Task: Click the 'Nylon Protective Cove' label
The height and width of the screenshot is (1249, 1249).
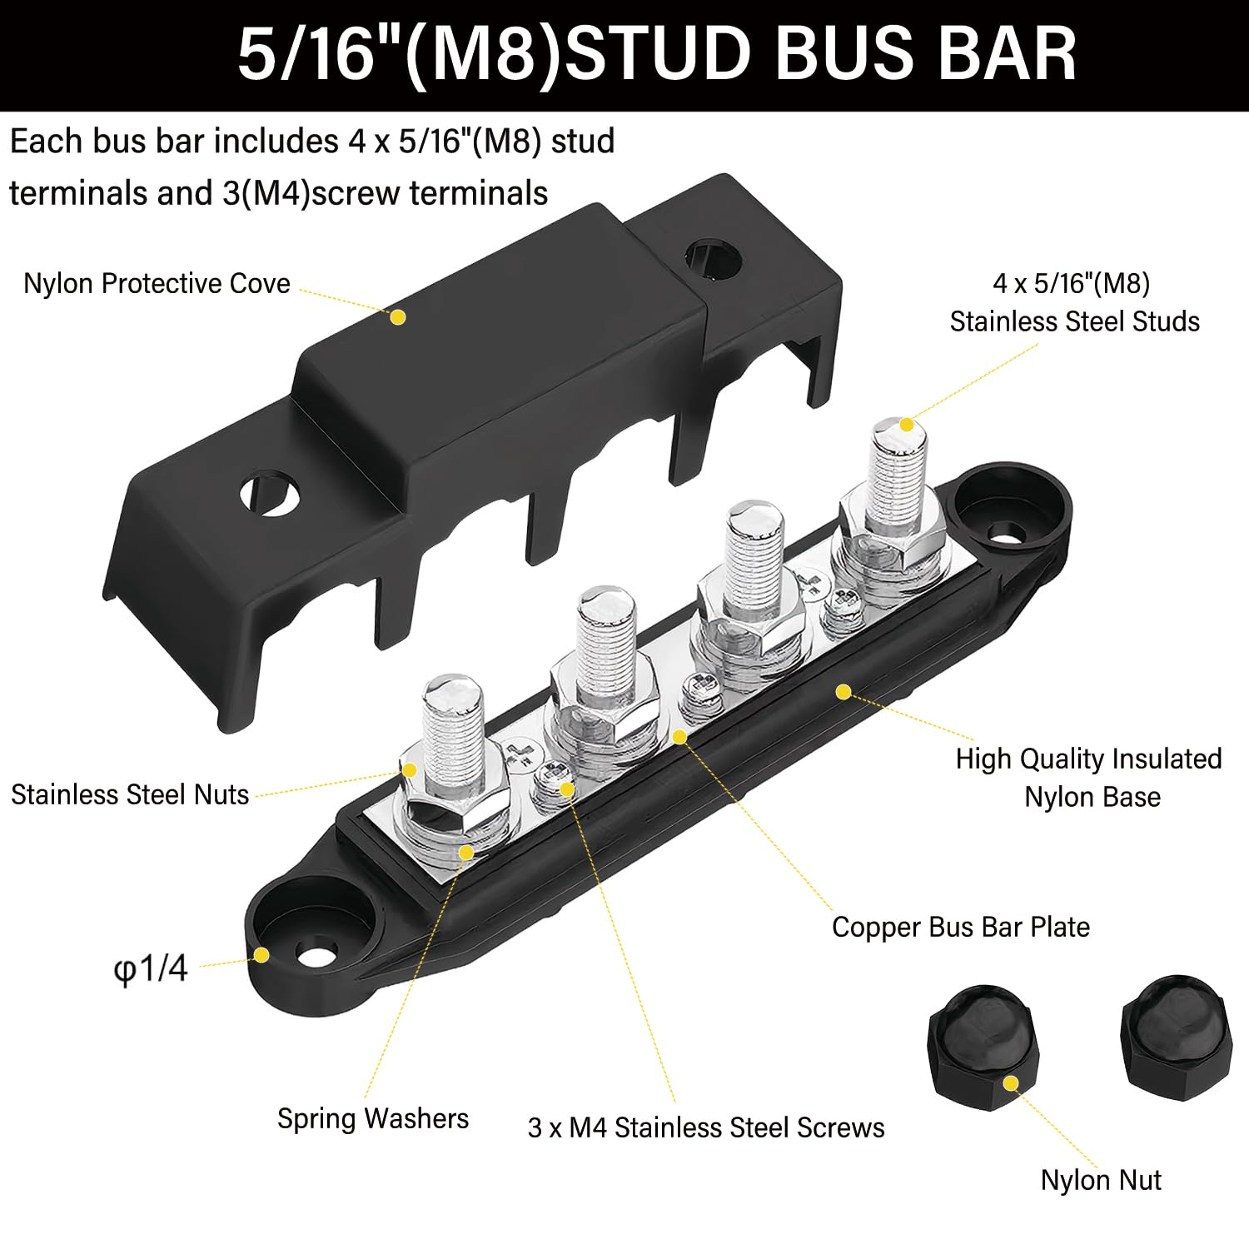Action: coord(157,284)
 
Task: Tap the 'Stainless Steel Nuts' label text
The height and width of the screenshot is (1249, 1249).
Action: coord(130,794)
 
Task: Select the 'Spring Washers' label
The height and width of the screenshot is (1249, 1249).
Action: coord(372,1118)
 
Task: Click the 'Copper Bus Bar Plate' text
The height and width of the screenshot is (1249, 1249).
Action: coord(960,927)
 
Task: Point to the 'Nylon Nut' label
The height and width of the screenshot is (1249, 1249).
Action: coord(1100,1180)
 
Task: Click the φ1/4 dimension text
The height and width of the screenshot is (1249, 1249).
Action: coord(151,968)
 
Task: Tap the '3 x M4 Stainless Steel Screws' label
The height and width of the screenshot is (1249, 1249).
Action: coord(705,1127)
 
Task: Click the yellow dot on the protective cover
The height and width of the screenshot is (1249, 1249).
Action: coord(398,317)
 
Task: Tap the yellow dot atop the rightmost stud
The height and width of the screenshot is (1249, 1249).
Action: coord(907,425)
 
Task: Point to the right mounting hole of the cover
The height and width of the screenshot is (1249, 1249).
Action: coord(713,261)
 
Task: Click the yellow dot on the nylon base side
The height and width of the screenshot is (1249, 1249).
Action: coord(843,692)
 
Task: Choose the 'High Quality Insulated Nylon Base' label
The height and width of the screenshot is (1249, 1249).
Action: coord(1089,778)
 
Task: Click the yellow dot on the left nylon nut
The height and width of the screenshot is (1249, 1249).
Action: coord(1011,1083)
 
